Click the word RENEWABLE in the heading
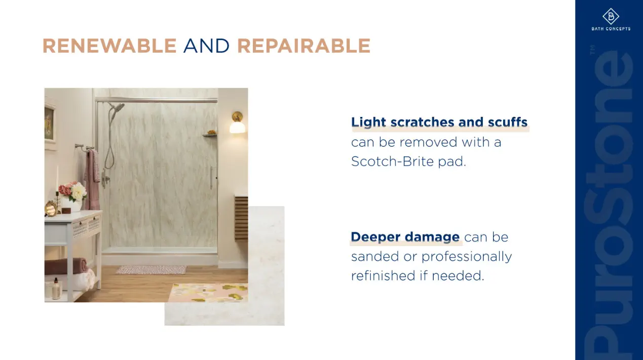(x=109, y=46)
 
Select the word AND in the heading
(x=206, y=46)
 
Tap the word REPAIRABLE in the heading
(x=304, y=46)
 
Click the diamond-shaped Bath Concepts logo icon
(x=611, y=16)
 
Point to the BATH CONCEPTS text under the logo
(x=611, y=29)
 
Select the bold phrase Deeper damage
(x=405, y=237)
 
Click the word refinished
(x=383, y=275)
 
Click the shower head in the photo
(x=117, y=109)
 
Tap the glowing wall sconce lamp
(x=238, y=124)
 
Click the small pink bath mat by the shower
(x=152, y=270)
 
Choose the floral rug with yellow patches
(x=208, y=293)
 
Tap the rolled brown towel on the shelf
(x=66, y=266)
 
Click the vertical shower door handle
(x=211, y=178)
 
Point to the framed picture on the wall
(x=50, y=124)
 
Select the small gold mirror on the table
(x=51, y=208)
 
